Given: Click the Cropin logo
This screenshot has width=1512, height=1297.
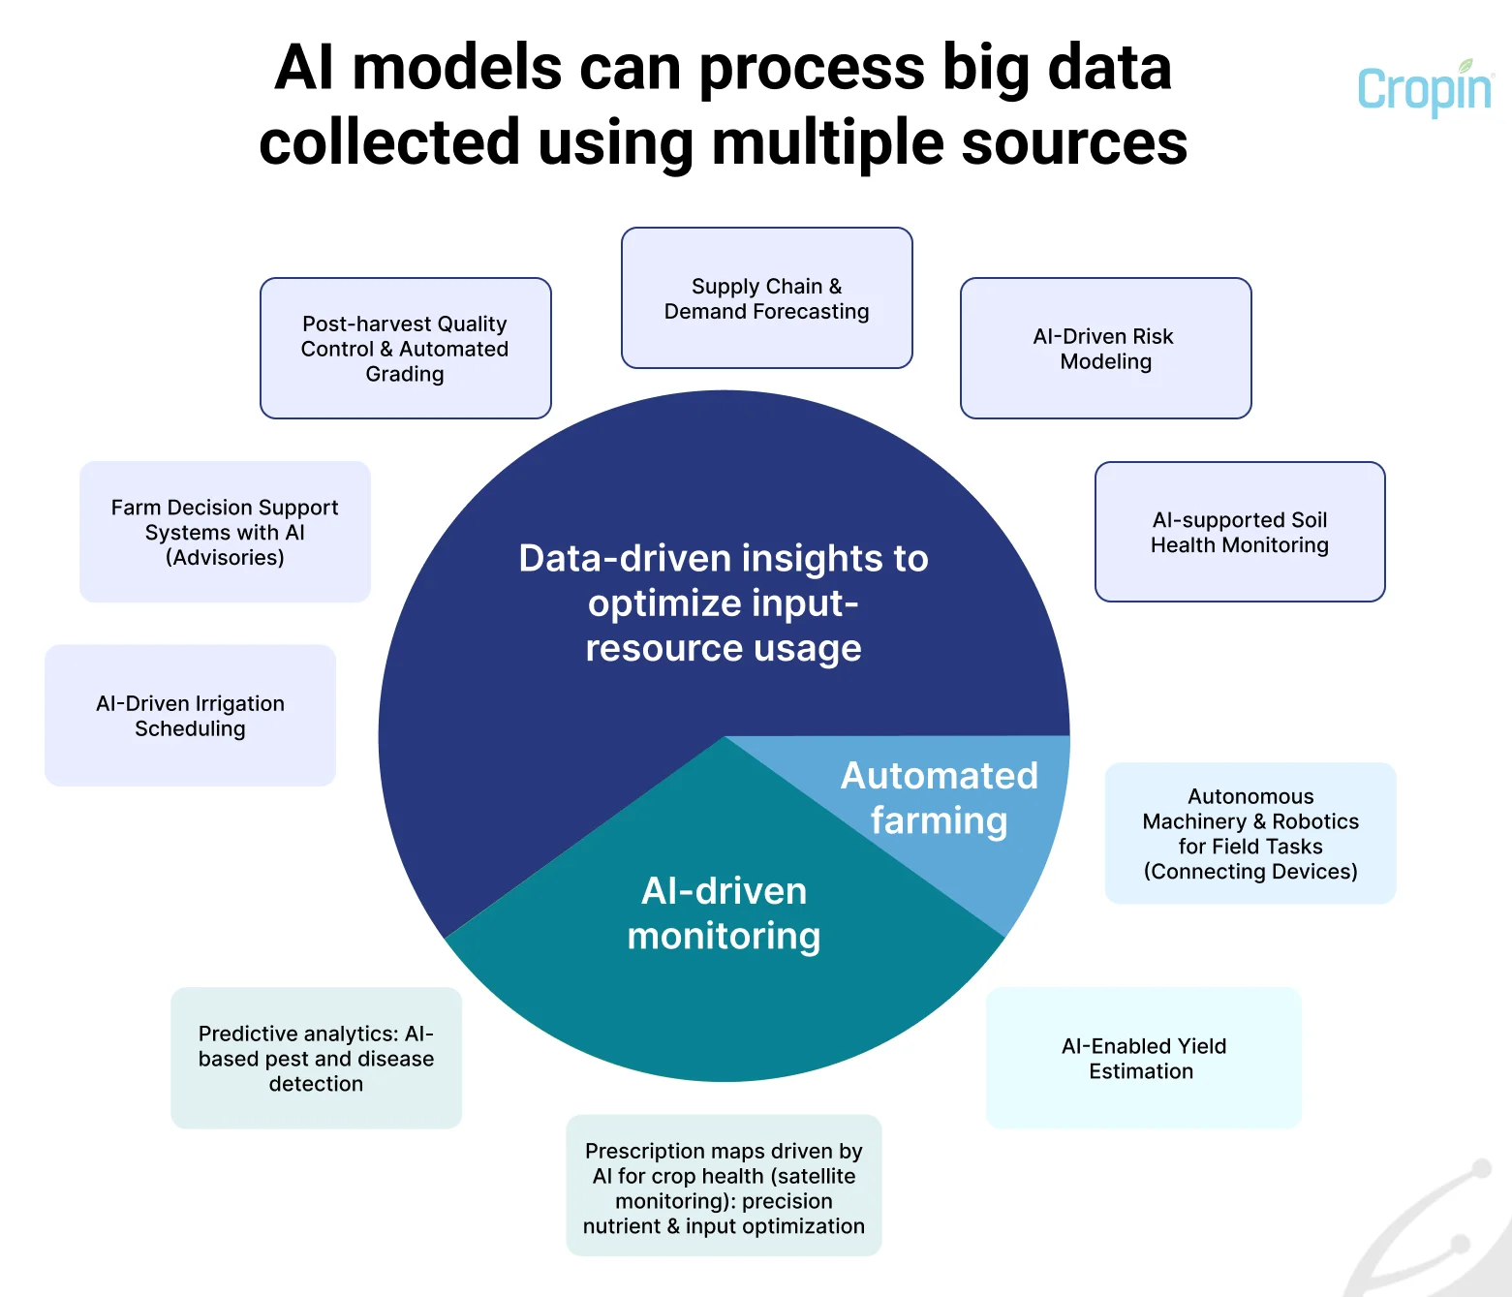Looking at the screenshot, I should [x=1424, y=90].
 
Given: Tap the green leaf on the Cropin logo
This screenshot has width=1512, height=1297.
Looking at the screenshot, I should [x=1466, y=66].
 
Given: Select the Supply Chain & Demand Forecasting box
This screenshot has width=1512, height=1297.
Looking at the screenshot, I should [x=766, y=298].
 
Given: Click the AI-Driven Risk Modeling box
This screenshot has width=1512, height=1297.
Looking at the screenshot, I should [x=1105, y=349].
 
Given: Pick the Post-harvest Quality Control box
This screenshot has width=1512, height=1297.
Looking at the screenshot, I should [x=405, y=349].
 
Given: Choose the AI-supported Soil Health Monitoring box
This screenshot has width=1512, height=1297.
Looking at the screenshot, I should [x=1240, y=532].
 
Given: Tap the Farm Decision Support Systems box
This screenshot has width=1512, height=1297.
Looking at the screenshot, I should [x=225, y=532].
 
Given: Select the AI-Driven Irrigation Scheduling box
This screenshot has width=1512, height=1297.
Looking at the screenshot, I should [x=190, y=716].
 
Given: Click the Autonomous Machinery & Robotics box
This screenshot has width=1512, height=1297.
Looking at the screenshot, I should [x=1250, y=833].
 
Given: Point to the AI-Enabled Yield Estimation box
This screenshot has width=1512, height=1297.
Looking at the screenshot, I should [x=1143, y=1058].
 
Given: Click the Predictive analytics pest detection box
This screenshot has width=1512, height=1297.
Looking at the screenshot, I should [x=316, y=1058].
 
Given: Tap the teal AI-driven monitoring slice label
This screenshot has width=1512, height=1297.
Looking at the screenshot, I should [x=724, y=912].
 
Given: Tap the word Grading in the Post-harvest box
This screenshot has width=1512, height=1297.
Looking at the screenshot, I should [x=405, y=374].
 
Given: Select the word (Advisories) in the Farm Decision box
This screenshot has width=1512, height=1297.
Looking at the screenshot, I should [x=225, y=558].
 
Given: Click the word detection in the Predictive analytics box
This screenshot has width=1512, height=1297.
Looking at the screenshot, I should [x=316, y=1084].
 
